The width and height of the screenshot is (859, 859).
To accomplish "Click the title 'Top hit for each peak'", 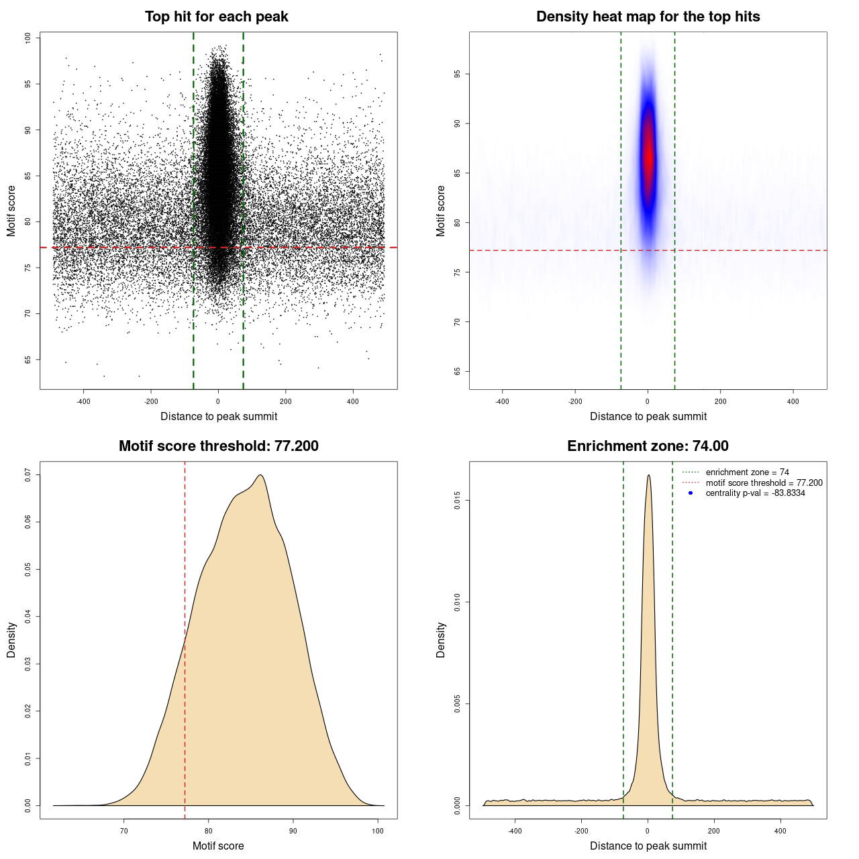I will click(216, 17).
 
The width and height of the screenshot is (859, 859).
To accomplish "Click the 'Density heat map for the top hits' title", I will click(648, 17).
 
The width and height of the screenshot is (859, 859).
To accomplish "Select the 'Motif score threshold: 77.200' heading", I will click(218, 446).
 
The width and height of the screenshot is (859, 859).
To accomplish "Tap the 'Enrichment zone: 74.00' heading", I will click(648, 446).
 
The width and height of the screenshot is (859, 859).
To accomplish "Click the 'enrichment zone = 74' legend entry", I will click(747, 472).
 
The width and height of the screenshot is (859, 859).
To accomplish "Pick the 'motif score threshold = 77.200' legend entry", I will click(764, 483).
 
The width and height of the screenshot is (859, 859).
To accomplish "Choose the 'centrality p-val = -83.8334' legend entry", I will click(755, 493).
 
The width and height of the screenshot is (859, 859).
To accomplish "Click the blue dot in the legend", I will click(691, 493).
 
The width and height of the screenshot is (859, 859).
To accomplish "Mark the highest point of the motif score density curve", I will click(260, 475).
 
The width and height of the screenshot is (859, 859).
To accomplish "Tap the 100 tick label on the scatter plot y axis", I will click(28, 38).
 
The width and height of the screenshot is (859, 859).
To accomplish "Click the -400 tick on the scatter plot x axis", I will click(83, 401).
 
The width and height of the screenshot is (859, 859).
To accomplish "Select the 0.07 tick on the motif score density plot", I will click(28, 475).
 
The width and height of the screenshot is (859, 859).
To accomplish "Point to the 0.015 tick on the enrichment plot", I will click(458, 501).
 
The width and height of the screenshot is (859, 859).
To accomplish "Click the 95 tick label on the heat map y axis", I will click(458, 74).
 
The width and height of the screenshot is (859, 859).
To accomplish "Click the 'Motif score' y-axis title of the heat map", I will click(441, 211).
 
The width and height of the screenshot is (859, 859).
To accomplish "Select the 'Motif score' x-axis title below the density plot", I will click(218, 846).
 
